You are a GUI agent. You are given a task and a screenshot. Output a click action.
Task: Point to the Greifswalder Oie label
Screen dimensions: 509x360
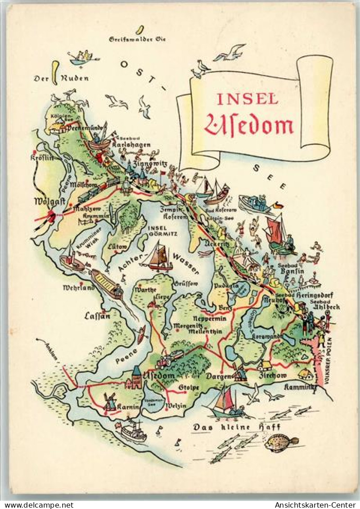point(137,40)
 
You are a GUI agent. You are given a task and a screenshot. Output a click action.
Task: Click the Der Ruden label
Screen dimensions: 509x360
point(61,78)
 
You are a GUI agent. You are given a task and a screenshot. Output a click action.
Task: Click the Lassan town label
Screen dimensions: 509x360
point(97,316)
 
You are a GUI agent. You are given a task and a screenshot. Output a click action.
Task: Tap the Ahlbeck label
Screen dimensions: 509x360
point(325,307)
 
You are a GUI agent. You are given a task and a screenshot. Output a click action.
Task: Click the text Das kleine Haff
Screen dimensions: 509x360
point(237,427)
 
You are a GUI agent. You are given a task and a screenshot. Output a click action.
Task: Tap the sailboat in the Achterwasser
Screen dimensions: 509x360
point(160,257)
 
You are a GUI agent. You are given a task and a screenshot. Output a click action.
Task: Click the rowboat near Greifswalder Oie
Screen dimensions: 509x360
point(83,58)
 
